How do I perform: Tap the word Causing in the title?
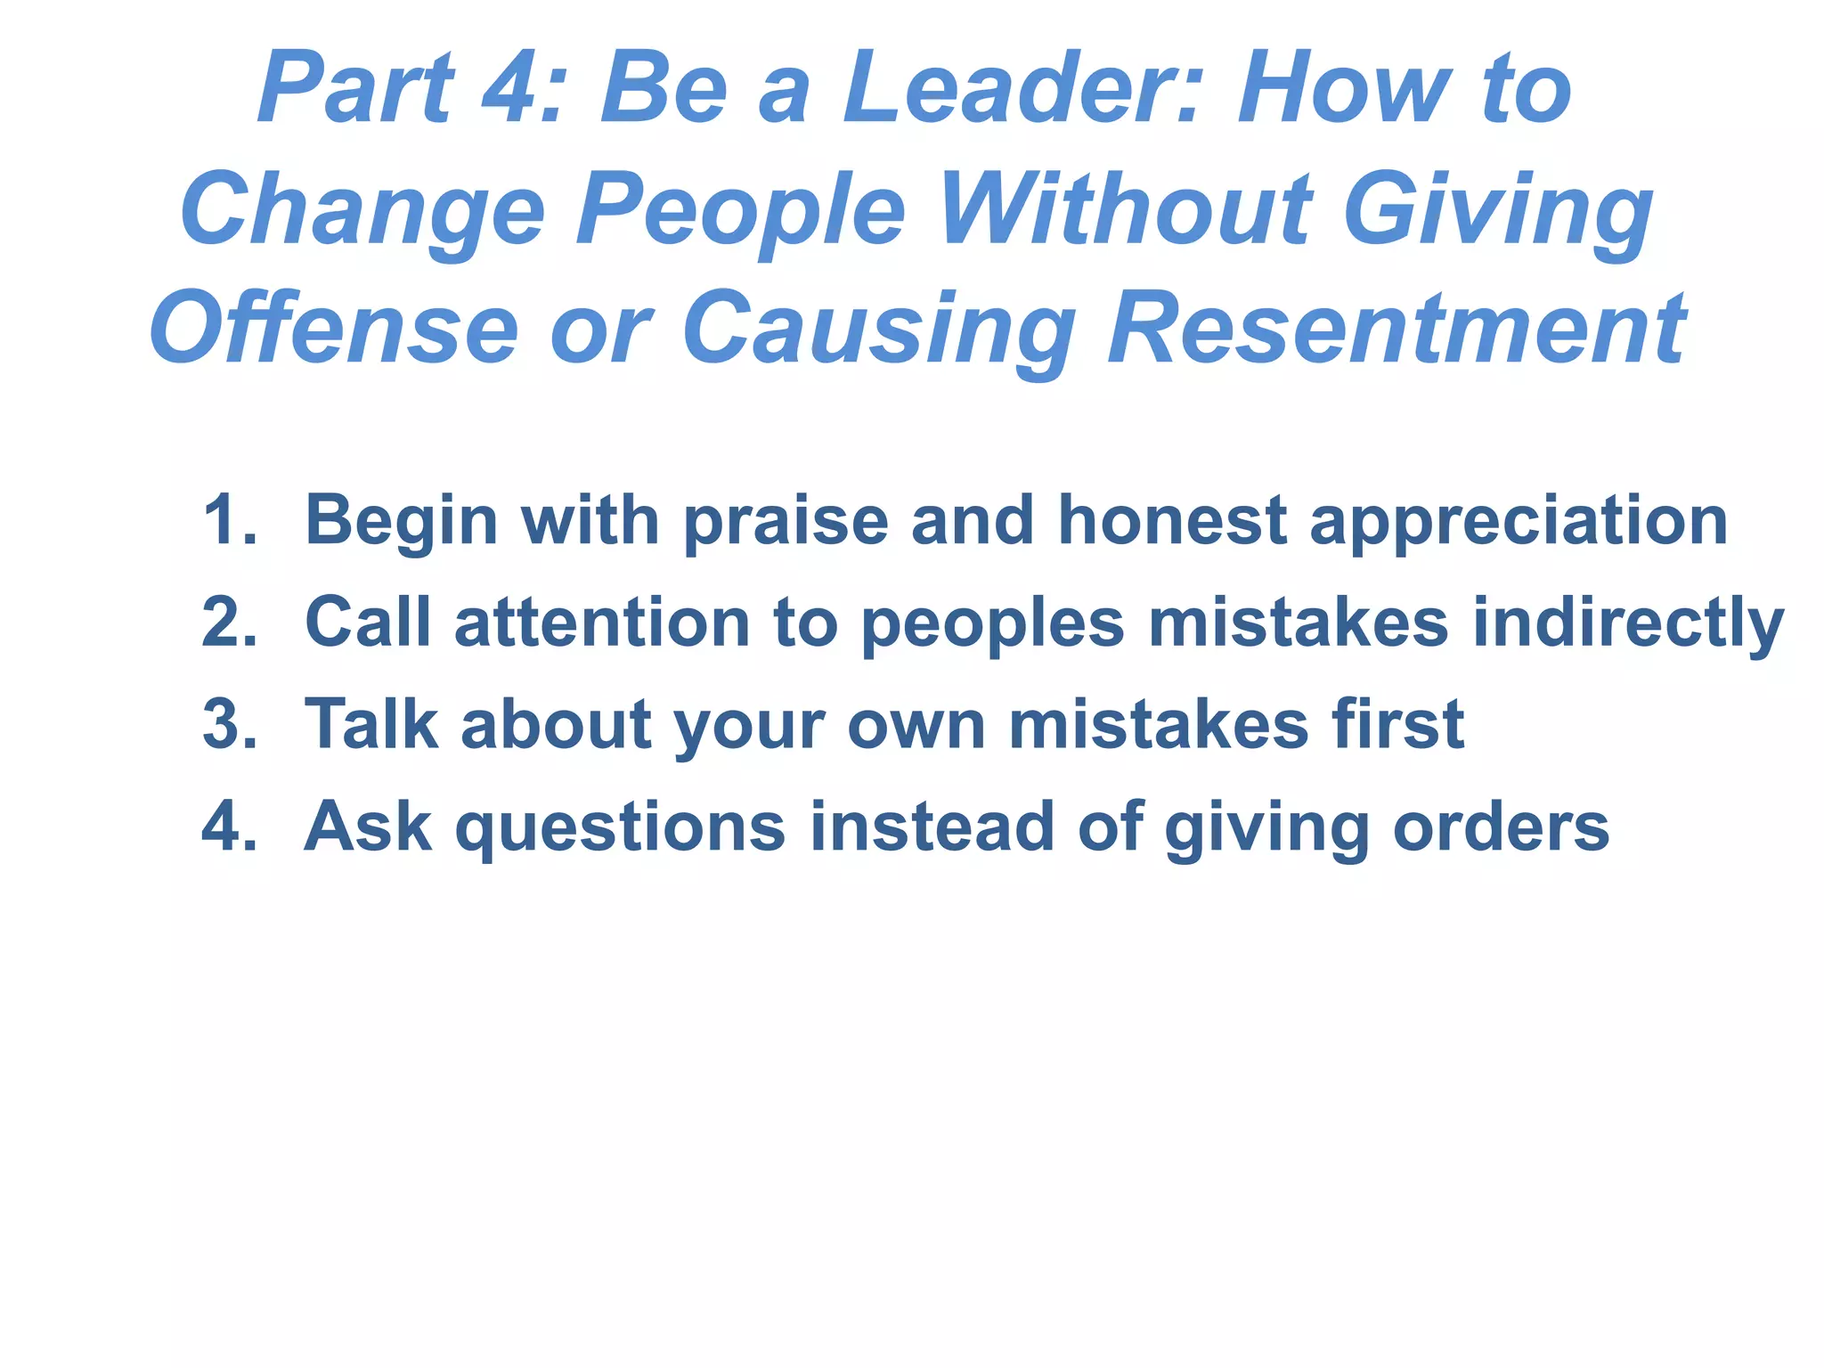tap(878, 330)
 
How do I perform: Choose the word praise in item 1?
tap(786, 522)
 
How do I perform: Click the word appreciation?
tap(1518, 522)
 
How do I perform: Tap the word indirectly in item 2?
tap(1627, 623)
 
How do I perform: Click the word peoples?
tap(993, 623)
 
